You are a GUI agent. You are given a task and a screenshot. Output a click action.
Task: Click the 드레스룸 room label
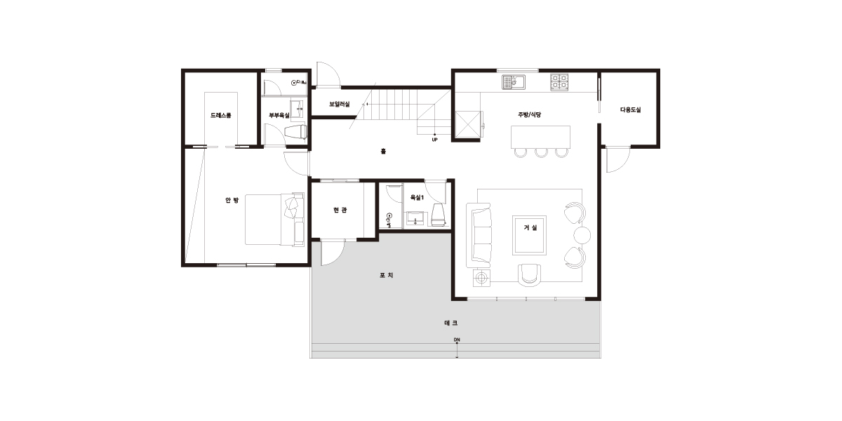[220, 115]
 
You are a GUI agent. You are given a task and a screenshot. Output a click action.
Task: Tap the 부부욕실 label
[279, 115]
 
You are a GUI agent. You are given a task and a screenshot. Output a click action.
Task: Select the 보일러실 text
[340, 104]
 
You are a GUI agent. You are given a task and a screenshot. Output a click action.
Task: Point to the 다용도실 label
[630, 109]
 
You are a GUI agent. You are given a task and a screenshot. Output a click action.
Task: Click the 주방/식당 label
[529, 114]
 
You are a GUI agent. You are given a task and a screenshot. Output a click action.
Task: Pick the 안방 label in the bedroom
[232, 201]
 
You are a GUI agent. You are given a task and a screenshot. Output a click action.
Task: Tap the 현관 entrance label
[340, 210]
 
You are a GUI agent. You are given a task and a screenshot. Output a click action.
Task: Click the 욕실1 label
[417, 197]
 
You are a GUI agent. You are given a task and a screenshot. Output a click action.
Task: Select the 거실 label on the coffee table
[530, 227]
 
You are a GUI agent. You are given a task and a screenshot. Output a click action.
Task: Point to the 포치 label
[387, 275]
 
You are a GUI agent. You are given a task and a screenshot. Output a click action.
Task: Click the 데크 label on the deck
[451, 323]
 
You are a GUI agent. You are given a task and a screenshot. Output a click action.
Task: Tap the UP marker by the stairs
[434, 140]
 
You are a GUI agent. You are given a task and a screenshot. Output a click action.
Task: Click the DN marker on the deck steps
[457, 340]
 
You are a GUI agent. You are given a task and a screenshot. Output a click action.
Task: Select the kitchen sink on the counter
[514, 82]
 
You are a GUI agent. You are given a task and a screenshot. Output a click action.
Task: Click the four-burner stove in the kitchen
[560, 82]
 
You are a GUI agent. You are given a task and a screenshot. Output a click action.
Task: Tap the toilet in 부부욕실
[296, 133]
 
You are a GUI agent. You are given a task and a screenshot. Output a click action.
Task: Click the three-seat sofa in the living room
[479, 235]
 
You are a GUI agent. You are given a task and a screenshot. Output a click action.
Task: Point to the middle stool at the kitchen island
[541, 153]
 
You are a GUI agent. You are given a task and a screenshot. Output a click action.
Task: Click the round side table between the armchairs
[582, 235]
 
